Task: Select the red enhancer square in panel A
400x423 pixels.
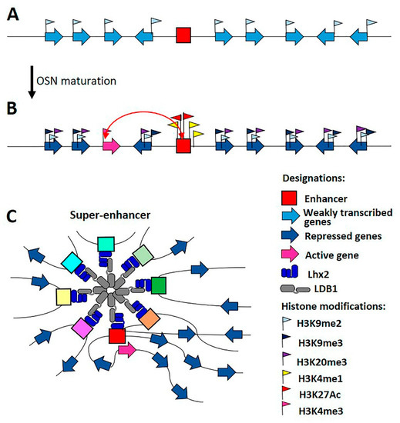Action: click(x=183, y=35)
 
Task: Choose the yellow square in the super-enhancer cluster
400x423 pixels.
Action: click(x=65, y=296)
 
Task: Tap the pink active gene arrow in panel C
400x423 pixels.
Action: click(x=126, y=350)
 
